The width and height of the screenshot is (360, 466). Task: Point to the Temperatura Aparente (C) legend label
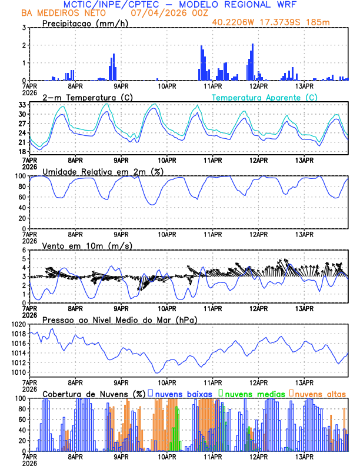[x=265, y=97]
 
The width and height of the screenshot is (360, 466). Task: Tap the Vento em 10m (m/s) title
[x=79, y=245]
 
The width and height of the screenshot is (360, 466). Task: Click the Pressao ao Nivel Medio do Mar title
[x=119, y=319]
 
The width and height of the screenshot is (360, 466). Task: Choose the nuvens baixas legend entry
[x=183, y=394]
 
